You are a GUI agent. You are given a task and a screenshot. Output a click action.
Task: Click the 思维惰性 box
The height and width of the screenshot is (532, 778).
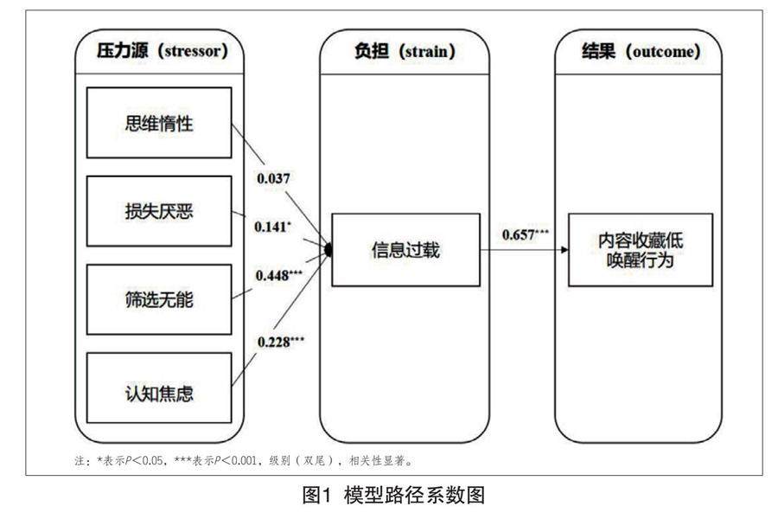pyautogui.click(x=159, y=122)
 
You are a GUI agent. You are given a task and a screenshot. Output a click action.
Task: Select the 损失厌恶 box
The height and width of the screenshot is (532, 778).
pyautogui.click(x=159, y=211)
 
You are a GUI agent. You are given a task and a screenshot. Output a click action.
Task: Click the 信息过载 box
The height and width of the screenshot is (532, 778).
pyautogui.click(x=405, y=250)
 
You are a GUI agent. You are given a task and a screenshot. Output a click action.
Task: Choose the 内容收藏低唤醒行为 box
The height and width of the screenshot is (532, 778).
pyautogui.click(x=640, y=249)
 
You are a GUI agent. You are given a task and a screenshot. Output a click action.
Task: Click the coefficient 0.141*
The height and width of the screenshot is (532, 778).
pyautogui.click(x=273, y=227)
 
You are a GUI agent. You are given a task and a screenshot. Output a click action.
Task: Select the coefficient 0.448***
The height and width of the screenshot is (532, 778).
pyautogui.click(x=278, y=275)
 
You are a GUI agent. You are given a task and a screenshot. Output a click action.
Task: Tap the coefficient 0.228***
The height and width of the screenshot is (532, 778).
pyautogui.click(x=280, y=341)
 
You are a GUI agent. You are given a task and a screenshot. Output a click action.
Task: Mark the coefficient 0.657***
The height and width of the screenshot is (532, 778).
pyautogui.click(x=525, y=235)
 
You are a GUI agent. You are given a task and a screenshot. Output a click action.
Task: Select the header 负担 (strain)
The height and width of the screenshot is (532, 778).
pyautogui.click(x=405, y=51)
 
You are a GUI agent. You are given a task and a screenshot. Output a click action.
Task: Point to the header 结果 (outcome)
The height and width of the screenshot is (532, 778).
pyautogui.click(x=640, y=51)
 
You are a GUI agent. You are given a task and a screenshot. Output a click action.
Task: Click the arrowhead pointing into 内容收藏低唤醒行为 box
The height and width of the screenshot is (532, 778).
pyautogui.click(x=564, y=250)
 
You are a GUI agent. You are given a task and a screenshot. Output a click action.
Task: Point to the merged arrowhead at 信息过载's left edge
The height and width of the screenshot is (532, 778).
pyautogui.click(x=328, y=250)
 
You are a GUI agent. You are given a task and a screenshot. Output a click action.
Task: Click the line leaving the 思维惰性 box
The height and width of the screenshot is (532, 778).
pyautogui.click(x=251, y=143)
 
